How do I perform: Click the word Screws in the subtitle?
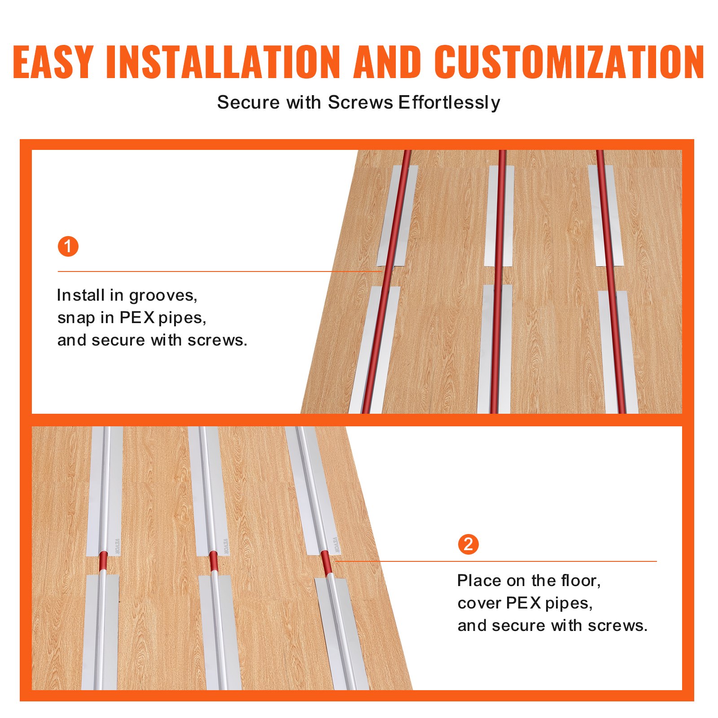[x=360, y=103]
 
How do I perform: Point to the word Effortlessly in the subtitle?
[x=449, y=103]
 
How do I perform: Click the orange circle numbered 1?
[x=68, y=246]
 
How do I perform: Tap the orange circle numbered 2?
[x=468, y=544]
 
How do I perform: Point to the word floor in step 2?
[x=581, y=581]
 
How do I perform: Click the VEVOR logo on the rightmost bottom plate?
[x=336, y=545]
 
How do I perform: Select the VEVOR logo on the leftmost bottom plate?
[x=117, y=546]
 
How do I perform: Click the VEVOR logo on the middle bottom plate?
[x=226, y=546]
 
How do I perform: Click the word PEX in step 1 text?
[x=137, y=318]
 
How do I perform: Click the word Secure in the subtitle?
[x=249, y=103]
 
